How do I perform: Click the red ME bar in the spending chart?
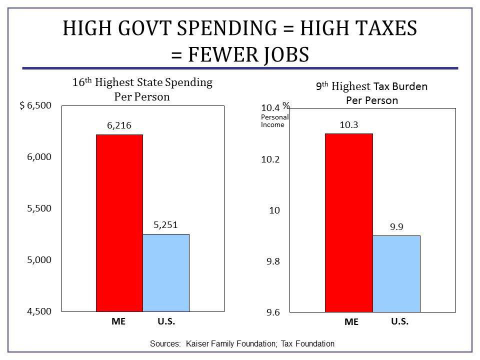tap(119, 222)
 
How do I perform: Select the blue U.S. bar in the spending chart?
tap(166, 272)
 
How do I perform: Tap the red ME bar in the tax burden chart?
tap(348, 222)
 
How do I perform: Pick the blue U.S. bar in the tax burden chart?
tap(396, 273)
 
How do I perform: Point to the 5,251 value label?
tap(166, 225)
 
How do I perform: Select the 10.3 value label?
tap(348, 125)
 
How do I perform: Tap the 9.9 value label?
tap(396, 227)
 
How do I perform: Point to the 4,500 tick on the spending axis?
tap(39, 311)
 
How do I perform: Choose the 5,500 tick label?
tap(39, 208)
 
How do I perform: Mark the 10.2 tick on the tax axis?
tap(271, 159)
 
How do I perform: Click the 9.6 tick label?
tap(273, 313)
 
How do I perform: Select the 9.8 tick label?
tap(273, 261)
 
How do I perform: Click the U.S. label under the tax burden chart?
tap(399, 321)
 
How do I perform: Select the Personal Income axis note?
tap(274, 120)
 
